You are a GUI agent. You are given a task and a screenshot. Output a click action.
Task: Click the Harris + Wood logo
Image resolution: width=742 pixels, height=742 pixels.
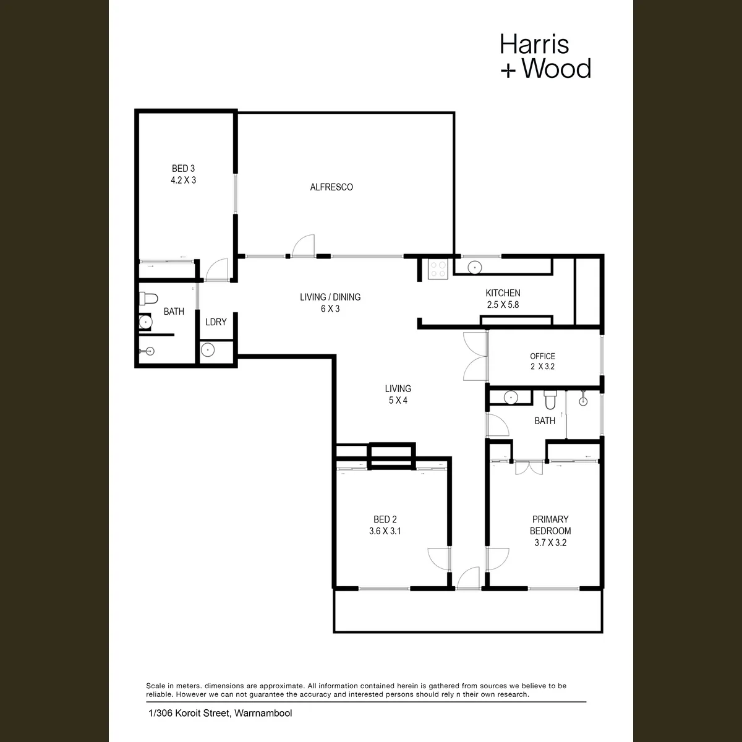tap(545, 56)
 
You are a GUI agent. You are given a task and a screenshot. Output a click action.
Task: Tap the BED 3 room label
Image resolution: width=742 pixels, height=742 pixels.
tap(183, 169)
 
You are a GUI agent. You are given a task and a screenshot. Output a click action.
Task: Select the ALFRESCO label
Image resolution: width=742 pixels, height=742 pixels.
tap(331, 187)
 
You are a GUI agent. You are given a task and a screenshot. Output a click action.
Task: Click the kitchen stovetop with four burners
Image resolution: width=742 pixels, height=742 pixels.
tap(438, 269)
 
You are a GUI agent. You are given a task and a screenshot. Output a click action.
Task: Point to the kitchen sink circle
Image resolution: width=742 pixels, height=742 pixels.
tap(475, 267)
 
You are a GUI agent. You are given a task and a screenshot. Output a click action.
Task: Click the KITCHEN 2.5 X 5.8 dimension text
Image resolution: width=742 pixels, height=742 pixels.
tap(503, 305)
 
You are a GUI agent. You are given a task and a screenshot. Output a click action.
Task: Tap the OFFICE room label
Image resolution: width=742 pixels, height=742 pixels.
tap(542, 356)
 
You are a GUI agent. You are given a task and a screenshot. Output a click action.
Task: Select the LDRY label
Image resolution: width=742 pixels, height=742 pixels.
tap(216, 322)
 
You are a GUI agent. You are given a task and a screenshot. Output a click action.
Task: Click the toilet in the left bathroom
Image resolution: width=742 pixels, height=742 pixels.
tap(148, 299)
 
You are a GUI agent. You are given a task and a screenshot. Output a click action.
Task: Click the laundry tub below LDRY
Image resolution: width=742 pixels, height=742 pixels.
tap(208, 350)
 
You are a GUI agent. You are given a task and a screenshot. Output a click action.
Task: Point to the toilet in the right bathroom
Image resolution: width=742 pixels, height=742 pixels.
tap(550, 400)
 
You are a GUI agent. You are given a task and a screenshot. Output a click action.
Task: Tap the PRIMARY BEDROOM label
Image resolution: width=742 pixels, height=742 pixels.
tap(550, 525)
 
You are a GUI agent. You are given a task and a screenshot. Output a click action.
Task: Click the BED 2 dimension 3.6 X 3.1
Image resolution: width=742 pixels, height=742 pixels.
tap(385, 531)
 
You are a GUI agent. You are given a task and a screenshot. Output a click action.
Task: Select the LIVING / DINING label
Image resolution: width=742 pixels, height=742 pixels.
tap(330, 297)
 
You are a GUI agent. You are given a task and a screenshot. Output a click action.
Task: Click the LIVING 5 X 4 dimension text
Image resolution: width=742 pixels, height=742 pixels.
tap(398, 401)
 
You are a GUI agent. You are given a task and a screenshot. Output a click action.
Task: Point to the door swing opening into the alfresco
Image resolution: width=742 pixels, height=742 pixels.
tap(304, 245)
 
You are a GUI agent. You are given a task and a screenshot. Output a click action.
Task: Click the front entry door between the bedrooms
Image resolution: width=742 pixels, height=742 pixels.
tap(468, 578)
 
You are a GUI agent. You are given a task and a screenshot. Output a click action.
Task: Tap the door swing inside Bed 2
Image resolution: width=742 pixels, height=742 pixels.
tap(439, 559)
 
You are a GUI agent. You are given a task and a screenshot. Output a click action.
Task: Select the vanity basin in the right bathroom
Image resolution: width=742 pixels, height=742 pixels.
tap(511, 398)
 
